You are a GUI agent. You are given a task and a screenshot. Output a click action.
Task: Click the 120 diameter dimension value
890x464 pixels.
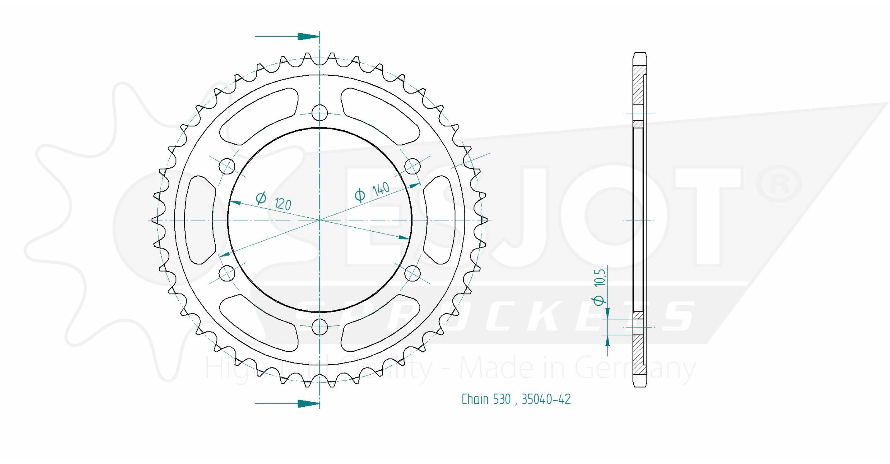point(283,204)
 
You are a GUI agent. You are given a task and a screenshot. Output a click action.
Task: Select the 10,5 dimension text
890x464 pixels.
point(600,277)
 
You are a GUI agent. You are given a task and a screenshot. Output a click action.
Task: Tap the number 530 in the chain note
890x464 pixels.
point(502,399)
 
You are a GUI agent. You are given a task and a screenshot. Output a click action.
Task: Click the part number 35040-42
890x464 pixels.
point(546,399)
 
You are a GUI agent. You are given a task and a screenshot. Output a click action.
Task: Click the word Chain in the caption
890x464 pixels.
point(475,399)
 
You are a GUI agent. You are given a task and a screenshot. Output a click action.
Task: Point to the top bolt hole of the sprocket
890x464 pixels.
point(320,113)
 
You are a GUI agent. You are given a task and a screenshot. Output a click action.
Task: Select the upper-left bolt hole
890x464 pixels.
point(227,166)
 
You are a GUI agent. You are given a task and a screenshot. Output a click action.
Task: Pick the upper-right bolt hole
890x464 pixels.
point(413,166)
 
